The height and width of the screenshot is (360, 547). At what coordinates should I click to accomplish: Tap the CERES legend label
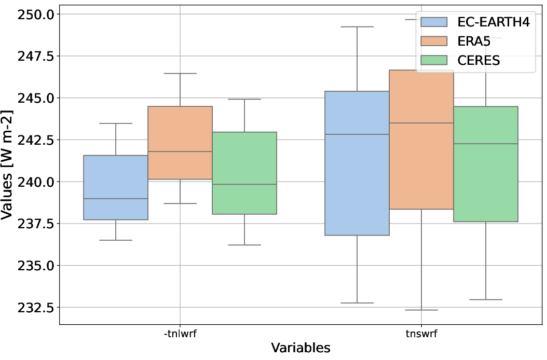478,60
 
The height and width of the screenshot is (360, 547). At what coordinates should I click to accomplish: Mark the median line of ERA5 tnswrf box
421,123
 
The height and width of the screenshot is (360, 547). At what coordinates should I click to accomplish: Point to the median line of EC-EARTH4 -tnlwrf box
116,199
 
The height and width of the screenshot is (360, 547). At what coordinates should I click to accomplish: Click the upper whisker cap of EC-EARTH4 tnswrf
357,26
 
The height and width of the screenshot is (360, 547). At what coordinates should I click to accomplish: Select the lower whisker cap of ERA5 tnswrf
421,310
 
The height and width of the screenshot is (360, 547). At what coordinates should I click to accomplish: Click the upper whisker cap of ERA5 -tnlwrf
180,74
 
